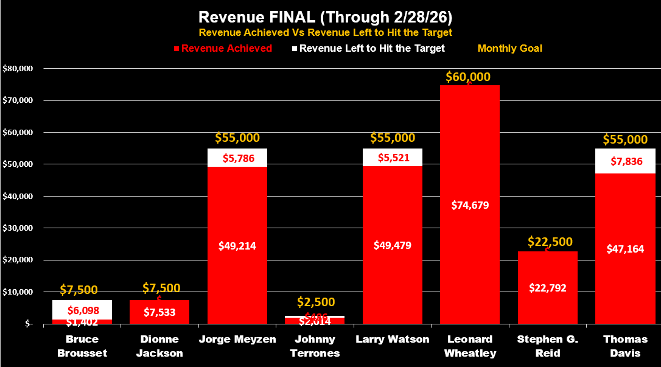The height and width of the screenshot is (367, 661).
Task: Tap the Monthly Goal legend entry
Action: click(x=509, y=48)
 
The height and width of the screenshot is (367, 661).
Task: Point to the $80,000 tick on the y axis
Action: click(x=18, y=68)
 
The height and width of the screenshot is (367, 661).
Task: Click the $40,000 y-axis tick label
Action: click(x=18, y=196)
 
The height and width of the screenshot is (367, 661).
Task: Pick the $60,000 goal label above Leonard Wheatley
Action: click(x=468, y=77)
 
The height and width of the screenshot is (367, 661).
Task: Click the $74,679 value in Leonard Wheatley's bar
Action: click(x=470, y=205)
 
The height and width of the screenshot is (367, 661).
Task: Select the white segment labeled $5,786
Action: click(x=237, y=157)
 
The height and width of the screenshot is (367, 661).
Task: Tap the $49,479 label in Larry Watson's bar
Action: click(x=393, y=245)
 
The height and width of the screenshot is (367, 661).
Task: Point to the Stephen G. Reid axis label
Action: click(x=547, y=346)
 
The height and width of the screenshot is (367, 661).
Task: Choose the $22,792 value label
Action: click(x=548, y=287)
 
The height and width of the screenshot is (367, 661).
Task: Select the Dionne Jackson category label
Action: click(x=159, y=346)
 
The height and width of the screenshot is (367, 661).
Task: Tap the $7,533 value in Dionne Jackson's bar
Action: click(x=159, y=312)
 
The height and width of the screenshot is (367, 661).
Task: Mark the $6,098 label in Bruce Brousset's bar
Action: click(x=82, y=310)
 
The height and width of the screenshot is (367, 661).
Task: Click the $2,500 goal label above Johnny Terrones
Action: click(x=315, y=302)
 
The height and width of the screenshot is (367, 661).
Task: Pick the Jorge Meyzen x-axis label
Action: click(x=237, y=340)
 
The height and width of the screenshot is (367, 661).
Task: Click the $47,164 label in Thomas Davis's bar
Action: click(x=625, y=249)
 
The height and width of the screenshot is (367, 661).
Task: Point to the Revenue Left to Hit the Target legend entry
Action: click(x=372, y=48)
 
